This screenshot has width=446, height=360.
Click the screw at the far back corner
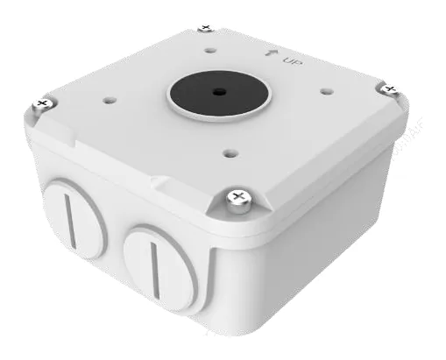(x=206, y=28)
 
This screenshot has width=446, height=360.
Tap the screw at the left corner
(x=43, y=104)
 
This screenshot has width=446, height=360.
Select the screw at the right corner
(x=389, y=89)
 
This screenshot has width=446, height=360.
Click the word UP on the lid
(x=292, y=61)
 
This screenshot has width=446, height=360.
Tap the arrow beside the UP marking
(x=269, y=52)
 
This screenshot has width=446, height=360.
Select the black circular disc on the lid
(x=219, y=93)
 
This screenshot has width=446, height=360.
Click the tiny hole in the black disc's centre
(x=219, y=92)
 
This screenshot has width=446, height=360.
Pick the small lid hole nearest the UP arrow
(x=210, y=51)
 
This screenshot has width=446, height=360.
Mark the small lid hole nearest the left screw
(x=110, y=101)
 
